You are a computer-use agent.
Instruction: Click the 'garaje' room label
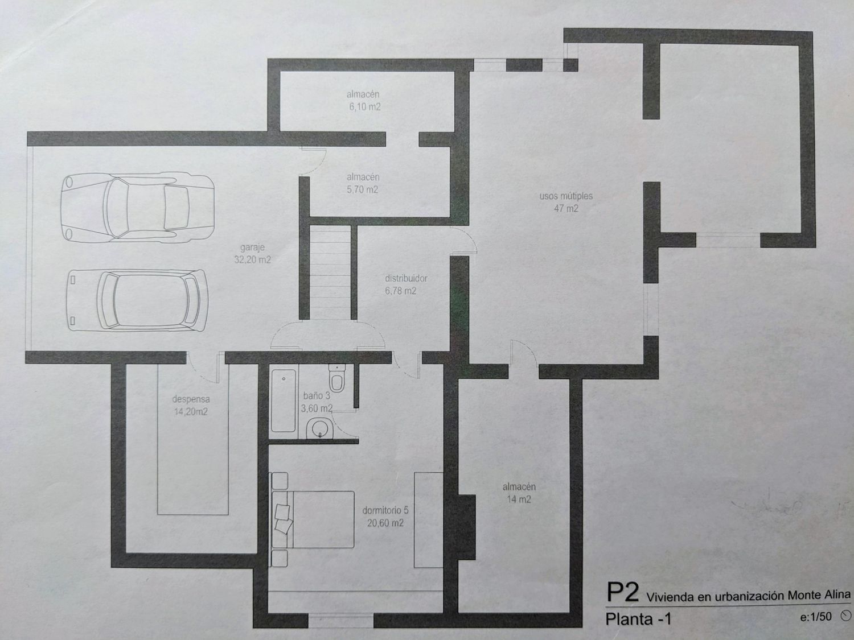[252, 247]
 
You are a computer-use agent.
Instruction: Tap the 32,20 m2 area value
[252, 260]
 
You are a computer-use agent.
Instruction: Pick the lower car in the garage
[138, 299]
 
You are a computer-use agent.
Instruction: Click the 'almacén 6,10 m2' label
[364, 100]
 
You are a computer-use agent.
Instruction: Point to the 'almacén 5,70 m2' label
[363, 183]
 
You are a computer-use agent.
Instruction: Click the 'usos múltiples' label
[566, 196]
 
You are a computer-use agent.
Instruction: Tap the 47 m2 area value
[566, 208]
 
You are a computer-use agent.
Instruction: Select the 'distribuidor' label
[406, 278]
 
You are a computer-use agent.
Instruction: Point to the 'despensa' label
[191, 399]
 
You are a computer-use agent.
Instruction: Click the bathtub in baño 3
[283, 400]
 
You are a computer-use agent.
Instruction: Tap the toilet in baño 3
[336, 379]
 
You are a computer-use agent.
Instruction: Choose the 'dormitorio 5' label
[385, 510]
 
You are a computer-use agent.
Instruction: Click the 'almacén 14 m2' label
[519, 493]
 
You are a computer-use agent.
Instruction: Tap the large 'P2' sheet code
[622, 592]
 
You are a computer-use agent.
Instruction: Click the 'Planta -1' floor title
[638, 619]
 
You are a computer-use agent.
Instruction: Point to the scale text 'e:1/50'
[815, 616]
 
